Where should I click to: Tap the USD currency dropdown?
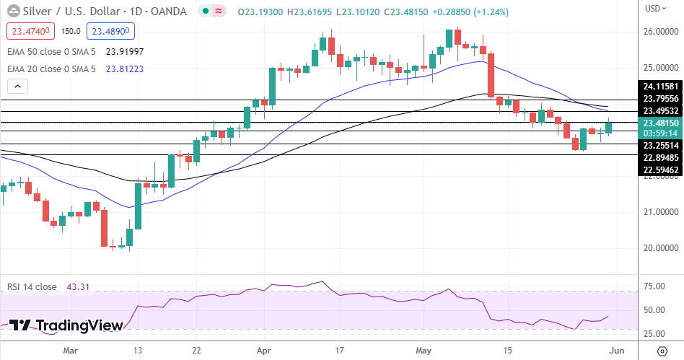point(654,9)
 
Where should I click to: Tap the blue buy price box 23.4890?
point(110,32)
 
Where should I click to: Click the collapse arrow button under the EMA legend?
point(17,87)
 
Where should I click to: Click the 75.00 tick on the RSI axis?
point(654,286)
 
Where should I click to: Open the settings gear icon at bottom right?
point(662,351)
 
